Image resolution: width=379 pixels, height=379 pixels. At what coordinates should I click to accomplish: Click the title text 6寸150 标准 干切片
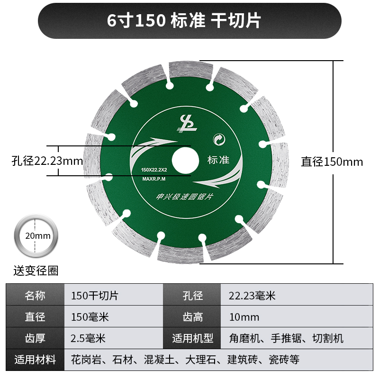[x=189, y=21]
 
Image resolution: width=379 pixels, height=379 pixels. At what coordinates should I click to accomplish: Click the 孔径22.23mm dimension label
[x=47, y=161]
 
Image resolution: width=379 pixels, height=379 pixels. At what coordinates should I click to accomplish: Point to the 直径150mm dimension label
[x=332, y=162]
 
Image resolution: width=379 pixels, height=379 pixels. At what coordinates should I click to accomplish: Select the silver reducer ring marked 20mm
[x=36, y=236]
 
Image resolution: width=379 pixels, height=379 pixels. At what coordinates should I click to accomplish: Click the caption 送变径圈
[x=36, y=271]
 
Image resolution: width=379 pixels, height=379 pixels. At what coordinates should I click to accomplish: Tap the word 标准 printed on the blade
[x=218, y=160]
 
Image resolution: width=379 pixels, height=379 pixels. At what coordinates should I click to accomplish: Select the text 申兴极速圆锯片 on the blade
[x=186, y=196]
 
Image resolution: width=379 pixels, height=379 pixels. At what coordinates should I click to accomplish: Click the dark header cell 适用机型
[x=192, y=338]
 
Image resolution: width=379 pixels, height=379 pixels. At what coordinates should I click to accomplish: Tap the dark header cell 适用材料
[x=35, y=360]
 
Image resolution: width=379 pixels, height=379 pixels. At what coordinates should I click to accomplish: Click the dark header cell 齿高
[x=192, y=317]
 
